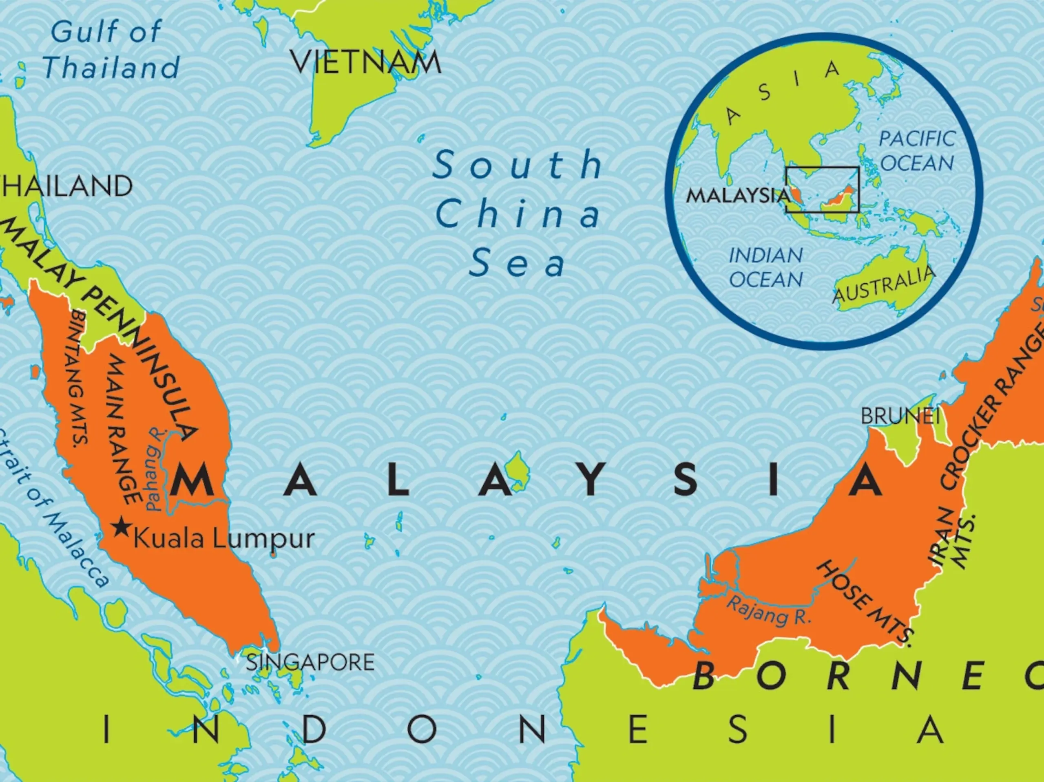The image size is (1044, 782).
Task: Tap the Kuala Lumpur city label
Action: click(224, 539)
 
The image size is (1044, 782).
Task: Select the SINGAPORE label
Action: click(310, 662)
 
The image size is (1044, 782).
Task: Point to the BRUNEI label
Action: click(900, 416)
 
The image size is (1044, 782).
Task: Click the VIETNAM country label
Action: click(366, 62)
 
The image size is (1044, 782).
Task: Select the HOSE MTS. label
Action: click(865, 601)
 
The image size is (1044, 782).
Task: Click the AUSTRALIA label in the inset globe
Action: click(884, 284)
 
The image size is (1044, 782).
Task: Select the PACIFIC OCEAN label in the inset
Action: click(917, 151)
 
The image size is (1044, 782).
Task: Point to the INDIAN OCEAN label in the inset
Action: click(765, 267)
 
